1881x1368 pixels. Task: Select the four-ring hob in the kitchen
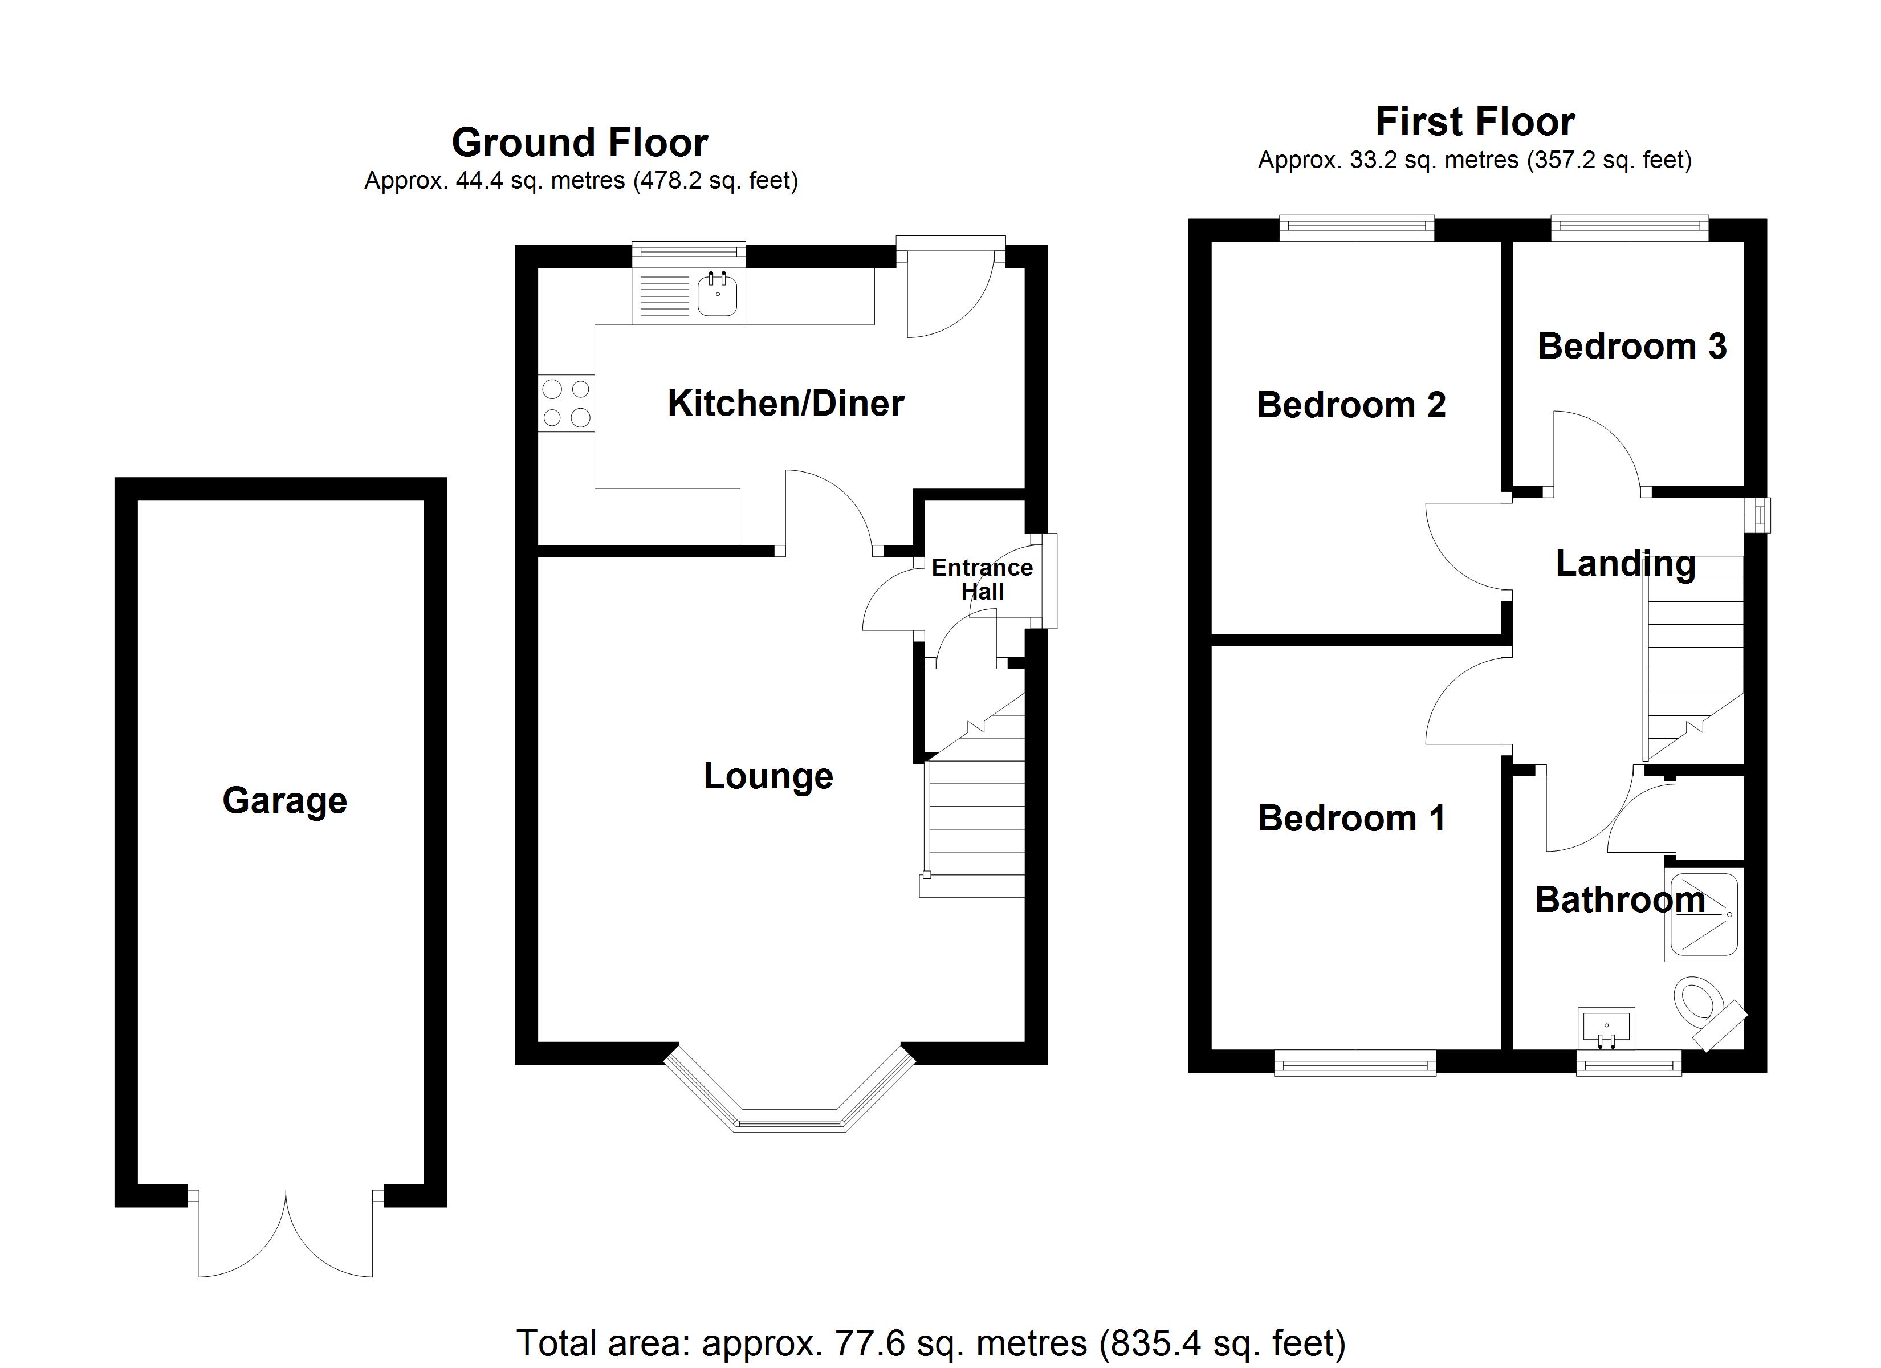[567, 403]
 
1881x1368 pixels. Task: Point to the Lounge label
[768, 776]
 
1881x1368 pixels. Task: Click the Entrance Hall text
[982, 579]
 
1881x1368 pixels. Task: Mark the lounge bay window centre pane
[789, 1122]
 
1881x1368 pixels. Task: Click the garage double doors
[286, 1236]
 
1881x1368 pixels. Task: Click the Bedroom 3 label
[1631, 346]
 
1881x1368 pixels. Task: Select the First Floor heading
[1475, 122]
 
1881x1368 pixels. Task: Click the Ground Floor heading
[579, 142]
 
